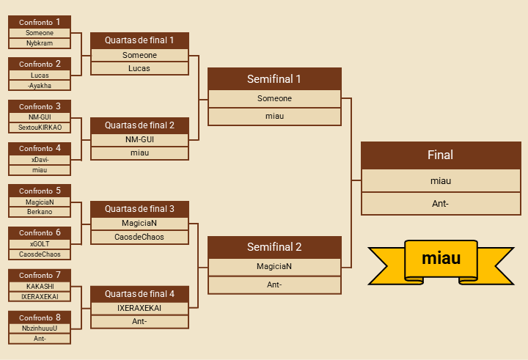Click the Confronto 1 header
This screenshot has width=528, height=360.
click(40, 22)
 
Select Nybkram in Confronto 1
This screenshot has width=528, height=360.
click(40, 43)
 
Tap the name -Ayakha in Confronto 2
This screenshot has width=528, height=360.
click(40, 86)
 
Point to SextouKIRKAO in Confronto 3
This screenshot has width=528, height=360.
click(40, 128)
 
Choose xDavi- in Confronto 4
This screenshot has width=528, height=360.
click(40, 159)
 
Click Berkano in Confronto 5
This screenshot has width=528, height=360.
click(40, 212)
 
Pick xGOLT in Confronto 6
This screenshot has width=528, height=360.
click(40, 243)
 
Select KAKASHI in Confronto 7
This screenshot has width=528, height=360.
click(40, 286)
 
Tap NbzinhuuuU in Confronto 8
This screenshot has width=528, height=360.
click(40, 328)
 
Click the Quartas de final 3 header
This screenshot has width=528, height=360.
click(139, 209)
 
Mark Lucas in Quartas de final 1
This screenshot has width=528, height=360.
click(139, 68)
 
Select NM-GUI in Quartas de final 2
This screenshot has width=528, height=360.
click(139, 139)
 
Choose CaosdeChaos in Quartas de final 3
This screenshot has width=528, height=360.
click(139, 237)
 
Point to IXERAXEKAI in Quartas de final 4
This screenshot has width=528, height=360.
click(139, 308)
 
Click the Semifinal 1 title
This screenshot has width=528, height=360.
click(274, 79)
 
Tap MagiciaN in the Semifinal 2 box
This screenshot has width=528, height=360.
click(274, 266)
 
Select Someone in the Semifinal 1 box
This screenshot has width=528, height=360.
click(274, 98)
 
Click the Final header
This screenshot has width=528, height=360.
click(441, 155)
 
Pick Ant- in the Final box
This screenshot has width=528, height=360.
click(441, 203)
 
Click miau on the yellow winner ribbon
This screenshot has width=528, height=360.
click(441, 259)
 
